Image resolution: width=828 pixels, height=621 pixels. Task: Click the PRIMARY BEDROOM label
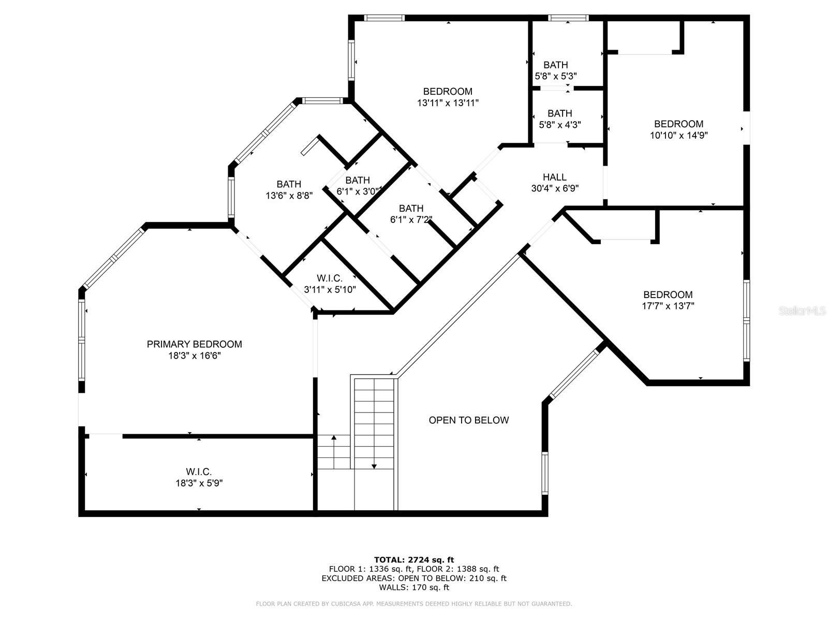[x=194, y=344]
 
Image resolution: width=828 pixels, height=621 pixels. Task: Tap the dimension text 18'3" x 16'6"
[x=194, y=356]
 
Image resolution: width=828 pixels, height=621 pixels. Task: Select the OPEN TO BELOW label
[x=468, y=420]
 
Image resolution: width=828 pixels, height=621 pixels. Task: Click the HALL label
[x=554, y=177]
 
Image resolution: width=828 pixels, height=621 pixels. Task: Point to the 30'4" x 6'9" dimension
[x=554, y=188]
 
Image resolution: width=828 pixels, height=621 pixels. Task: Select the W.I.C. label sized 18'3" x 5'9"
[x=199, y=471]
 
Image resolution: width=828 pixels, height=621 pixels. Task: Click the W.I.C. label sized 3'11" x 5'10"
[x=330, y=278]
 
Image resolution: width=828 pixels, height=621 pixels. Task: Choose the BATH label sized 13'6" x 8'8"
[x=289, y=184]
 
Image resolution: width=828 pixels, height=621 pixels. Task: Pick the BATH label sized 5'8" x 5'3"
[x=555, y=65]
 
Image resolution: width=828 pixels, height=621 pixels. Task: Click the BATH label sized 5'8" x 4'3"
[x=559, y=113]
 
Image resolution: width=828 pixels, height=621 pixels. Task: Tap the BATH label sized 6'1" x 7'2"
[x=411, y=208]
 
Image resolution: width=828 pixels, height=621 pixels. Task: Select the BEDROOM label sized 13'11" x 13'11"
[x=448, y=92]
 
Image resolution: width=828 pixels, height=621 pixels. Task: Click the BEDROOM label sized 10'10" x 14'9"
[x=678, y=124]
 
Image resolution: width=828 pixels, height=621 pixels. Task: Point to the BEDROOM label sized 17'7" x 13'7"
[x=668, y=294]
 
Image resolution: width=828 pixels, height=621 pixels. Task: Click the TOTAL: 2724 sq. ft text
[x=414, y=559]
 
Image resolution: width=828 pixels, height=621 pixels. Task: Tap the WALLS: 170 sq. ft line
[x=414, y=587]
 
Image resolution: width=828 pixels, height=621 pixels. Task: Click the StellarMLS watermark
[x=803, y=311]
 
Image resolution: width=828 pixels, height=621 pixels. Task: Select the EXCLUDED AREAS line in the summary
[x=414, y=578]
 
